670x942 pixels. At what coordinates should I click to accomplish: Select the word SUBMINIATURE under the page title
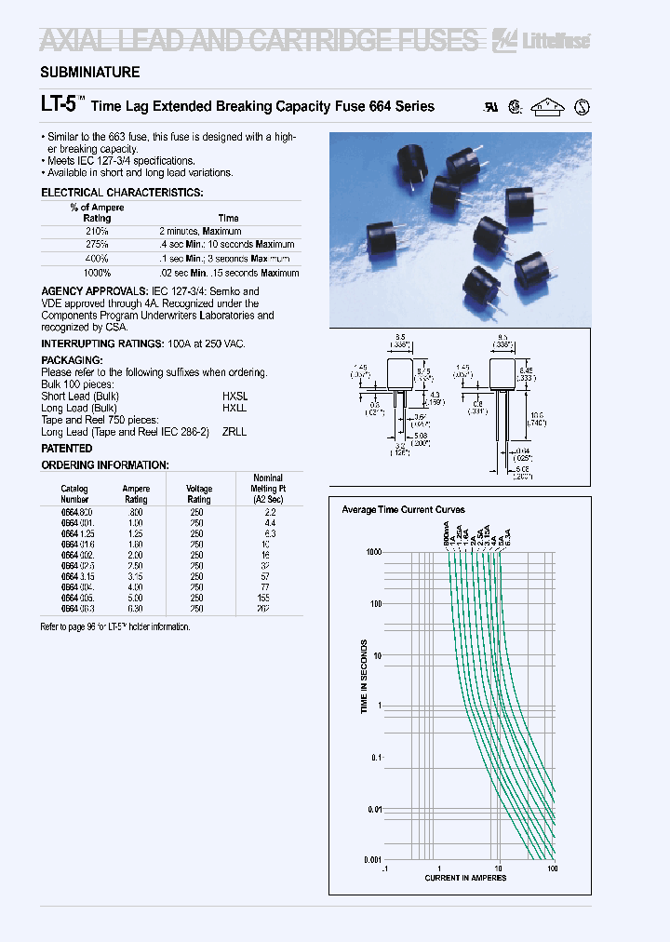click(x=90, y=73)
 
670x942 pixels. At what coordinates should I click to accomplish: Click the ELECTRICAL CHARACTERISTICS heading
click(x=122, y=193)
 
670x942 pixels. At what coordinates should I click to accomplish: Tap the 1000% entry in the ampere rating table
click(x=97, y=273)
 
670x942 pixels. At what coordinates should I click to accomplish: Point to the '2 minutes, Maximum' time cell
click(x=200, y=231)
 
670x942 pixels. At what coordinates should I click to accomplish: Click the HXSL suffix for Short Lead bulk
click(x=234, y=397)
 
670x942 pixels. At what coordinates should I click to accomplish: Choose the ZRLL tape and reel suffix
click(x=234, y=432)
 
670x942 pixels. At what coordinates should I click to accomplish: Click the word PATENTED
click(x=67, y=449)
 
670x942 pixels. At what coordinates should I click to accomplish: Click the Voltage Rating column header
click(x=199, y=494)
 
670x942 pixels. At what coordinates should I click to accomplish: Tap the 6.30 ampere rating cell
click(x=136, y=610)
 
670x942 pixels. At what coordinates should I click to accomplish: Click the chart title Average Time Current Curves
click(x=404, y=510)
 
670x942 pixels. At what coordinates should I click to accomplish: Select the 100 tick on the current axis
click(x=553, y=868)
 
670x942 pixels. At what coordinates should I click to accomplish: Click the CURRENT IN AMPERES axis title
click(x=465, y=878)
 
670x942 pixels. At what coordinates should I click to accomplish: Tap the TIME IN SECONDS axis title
click(x=365, y=677)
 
